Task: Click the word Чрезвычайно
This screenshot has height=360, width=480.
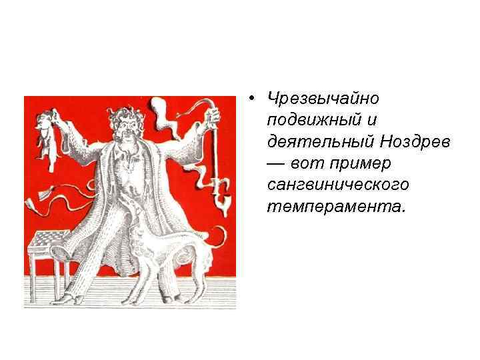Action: coord(322,99)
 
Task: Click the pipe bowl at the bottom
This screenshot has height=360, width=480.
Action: coord(221,200)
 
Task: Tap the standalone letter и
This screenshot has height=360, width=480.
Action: coord(372,120)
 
